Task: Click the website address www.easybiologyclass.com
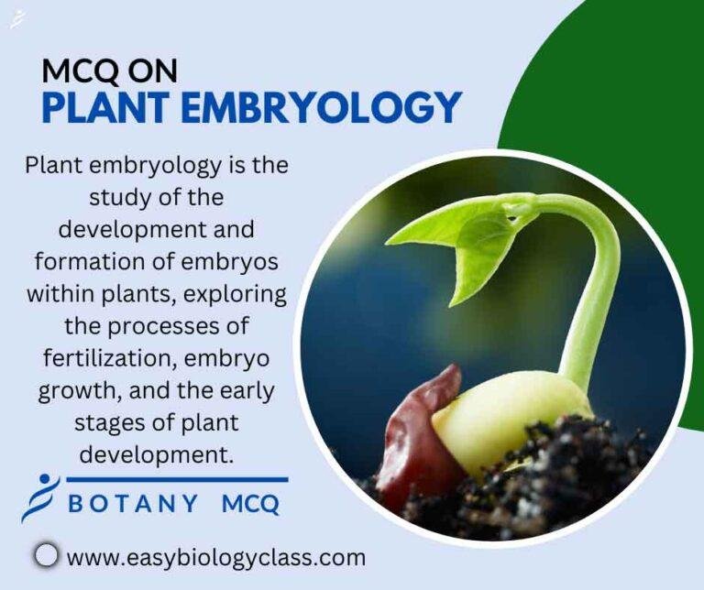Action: pos(216,556)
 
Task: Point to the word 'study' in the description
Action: pos(122,198)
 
